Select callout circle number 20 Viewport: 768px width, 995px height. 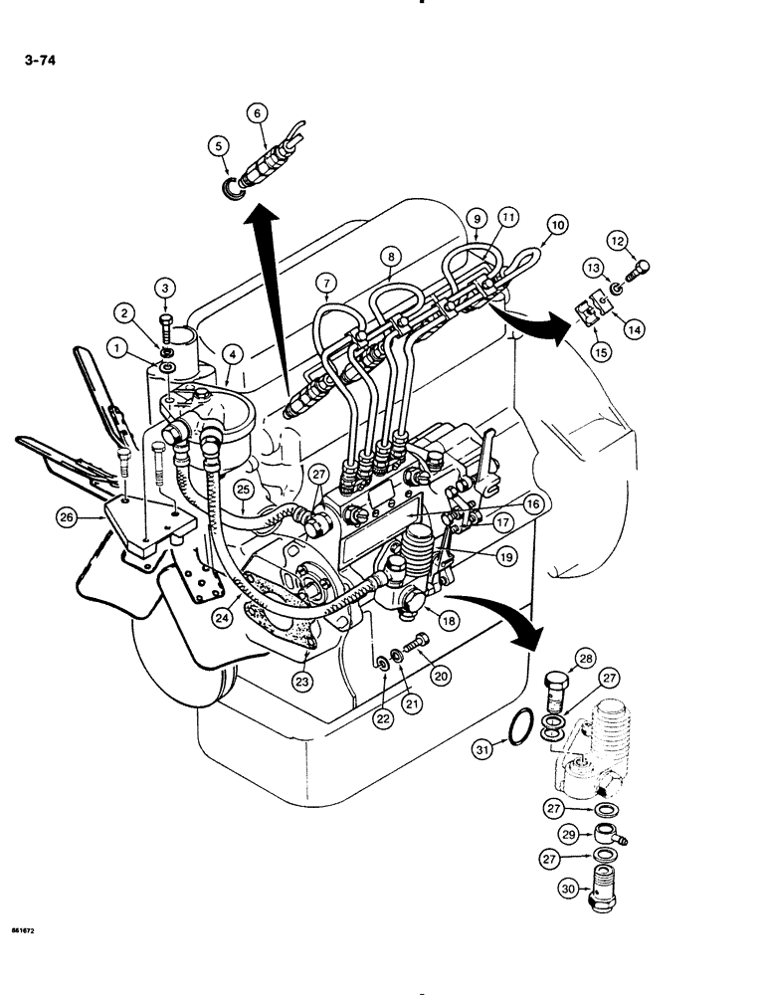pos(438,674)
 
